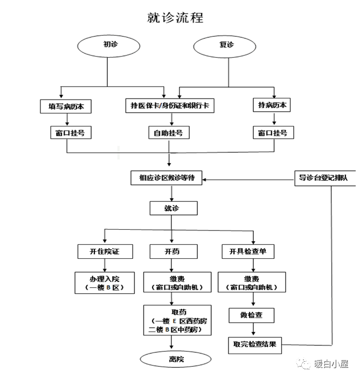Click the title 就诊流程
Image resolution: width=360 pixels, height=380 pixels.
click(175, 18)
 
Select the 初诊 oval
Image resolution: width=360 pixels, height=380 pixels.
click(109, 46)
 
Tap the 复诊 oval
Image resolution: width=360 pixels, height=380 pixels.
click(225, 46)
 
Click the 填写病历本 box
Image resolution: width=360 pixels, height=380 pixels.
click(66, 107)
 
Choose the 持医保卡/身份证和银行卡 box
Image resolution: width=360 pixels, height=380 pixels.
click(170, 105)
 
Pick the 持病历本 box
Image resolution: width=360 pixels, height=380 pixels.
click(272, 105)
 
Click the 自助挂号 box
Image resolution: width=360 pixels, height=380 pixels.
click(169, 132)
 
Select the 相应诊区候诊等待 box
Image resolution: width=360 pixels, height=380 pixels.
click(167, 178)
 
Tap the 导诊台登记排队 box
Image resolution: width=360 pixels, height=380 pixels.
click(326, 178)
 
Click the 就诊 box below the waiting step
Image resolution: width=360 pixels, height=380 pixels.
click(174, 208)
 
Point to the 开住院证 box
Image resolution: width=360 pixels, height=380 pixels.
click(105, 251)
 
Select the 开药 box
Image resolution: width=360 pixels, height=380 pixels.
click(174, 251)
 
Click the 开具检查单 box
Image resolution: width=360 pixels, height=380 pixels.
click(248, 251)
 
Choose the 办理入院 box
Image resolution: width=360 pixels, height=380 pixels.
click(105, 283)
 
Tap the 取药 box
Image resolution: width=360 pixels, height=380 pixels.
click(177, 320)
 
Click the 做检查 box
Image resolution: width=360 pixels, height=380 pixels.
click(252, 315)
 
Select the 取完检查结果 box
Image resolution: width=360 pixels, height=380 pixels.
click(255, 346)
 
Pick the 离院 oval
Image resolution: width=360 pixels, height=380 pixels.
click(176, 359)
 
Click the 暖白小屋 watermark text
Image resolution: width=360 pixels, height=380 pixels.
click(331, 364)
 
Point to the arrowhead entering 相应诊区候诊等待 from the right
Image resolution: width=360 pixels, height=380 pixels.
click(204, 180)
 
